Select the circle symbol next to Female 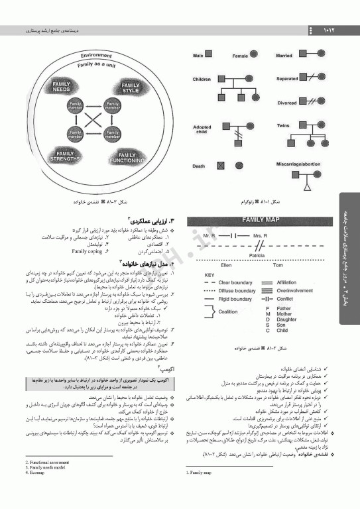(255, 56)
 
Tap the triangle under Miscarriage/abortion (308, 187)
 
